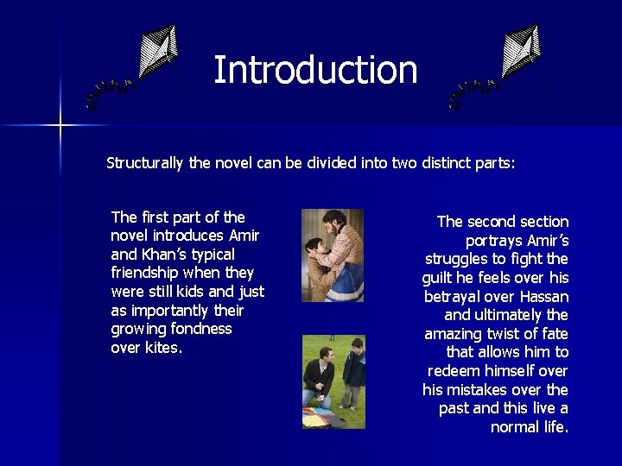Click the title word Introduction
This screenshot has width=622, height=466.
(x=315, y=70)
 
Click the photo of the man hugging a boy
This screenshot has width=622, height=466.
(x=333, y=255)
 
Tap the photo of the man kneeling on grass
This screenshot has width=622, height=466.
(x=333, y=381)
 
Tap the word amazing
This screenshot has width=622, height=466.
(x=456, y=333)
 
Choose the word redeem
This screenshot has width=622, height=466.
(x=455, y=370)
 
